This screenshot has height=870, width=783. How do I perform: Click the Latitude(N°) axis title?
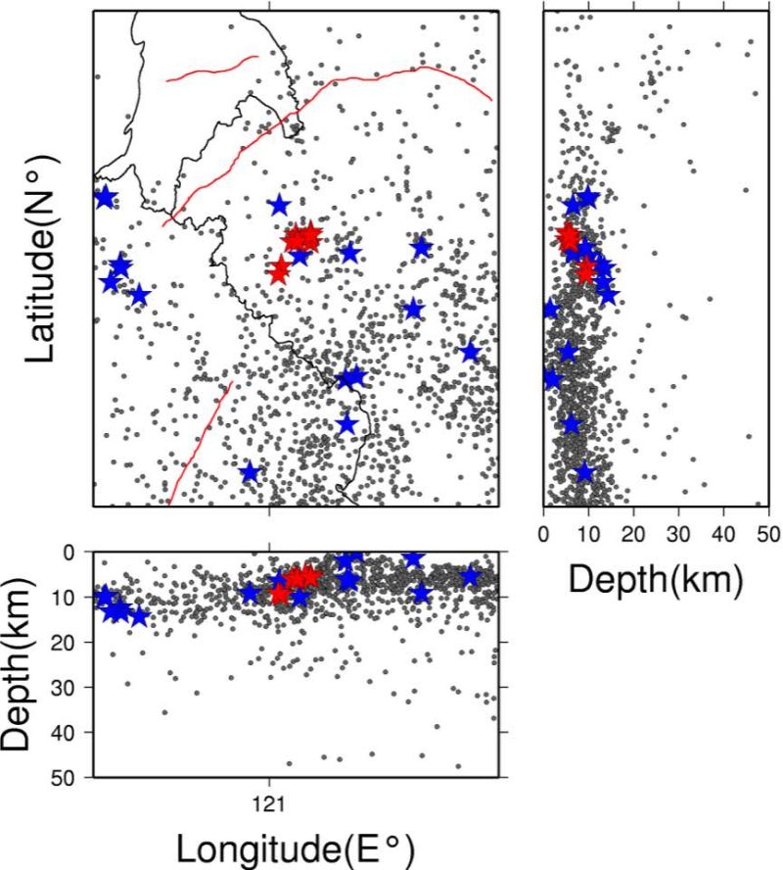coord(40,259)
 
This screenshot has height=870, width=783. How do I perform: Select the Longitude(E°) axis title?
coord(296,848)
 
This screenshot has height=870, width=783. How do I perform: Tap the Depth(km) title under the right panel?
coord(656,580)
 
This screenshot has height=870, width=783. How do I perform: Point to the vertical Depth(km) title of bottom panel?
coord(16,664)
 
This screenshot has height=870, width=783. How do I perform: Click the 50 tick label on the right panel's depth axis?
coord(768,534)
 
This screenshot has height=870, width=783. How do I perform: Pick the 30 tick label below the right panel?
coord(678,534)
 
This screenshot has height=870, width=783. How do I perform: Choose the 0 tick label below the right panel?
coord(543,534)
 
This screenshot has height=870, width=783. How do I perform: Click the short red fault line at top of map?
coord(212,69)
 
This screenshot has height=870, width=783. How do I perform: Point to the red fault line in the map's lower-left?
coord(200,443)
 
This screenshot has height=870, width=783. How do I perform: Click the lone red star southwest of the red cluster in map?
coord(280,270)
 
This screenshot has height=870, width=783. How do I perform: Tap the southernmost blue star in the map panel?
coord(250,472)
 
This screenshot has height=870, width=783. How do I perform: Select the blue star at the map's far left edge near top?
coord(105,197)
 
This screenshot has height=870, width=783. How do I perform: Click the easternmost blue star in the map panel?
coord(470,351)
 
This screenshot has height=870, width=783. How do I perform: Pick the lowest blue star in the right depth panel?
coord(585,473)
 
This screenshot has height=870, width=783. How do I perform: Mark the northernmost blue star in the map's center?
coord(280,206)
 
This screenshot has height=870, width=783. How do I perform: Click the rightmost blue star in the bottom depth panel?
coord(470,576)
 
